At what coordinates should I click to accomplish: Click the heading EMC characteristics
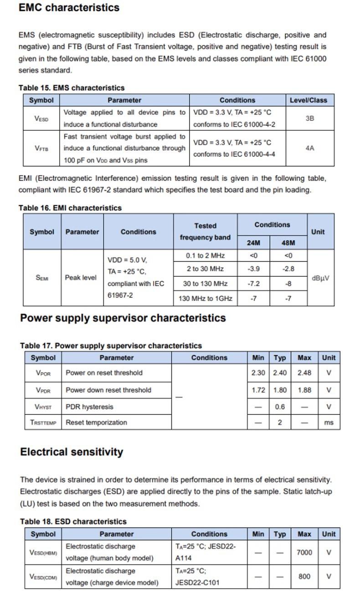[x=69, y=8]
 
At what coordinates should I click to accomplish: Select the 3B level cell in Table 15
[x=309, y=118]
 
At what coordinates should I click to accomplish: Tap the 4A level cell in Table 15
[x=309, y=148]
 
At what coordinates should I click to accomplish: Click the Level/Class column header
[x=308, y=100]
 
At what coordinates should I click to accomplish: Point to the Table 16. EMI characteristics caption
[x=70, y=208]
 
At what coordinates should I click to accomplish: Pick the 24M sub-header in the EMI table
[x=253, y=243]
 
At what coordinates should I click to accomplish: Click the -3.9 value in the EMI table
[x=253, y=269]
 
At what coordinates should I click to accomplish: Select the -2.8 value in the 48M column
[x=288, y=269]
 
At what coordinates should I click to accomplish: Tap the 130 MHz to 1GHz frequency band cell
[x=205, y=299]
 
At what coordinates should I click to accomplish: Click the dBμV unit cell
[x=320, y=278]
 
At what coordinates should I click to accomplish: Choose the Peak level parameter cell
[x=81, y=277]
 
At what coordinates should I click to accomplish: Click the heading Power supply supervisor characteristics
[x=123, y=318]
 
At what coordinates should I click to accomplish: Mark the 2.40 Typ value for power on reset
[x=280, y=373]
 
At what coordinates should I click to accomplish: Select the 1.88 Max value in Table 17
[x=304, y=390]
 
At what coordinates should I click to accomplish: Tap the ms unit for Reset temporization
[x=329, y=423]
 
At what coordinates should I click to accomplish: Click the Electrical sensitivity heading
[x=72, y=452]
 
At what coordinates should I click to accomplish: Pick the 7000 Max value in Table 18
[x=304, y=552]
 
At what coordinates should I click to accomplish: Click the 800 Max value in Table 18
[x=304, y=576]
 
